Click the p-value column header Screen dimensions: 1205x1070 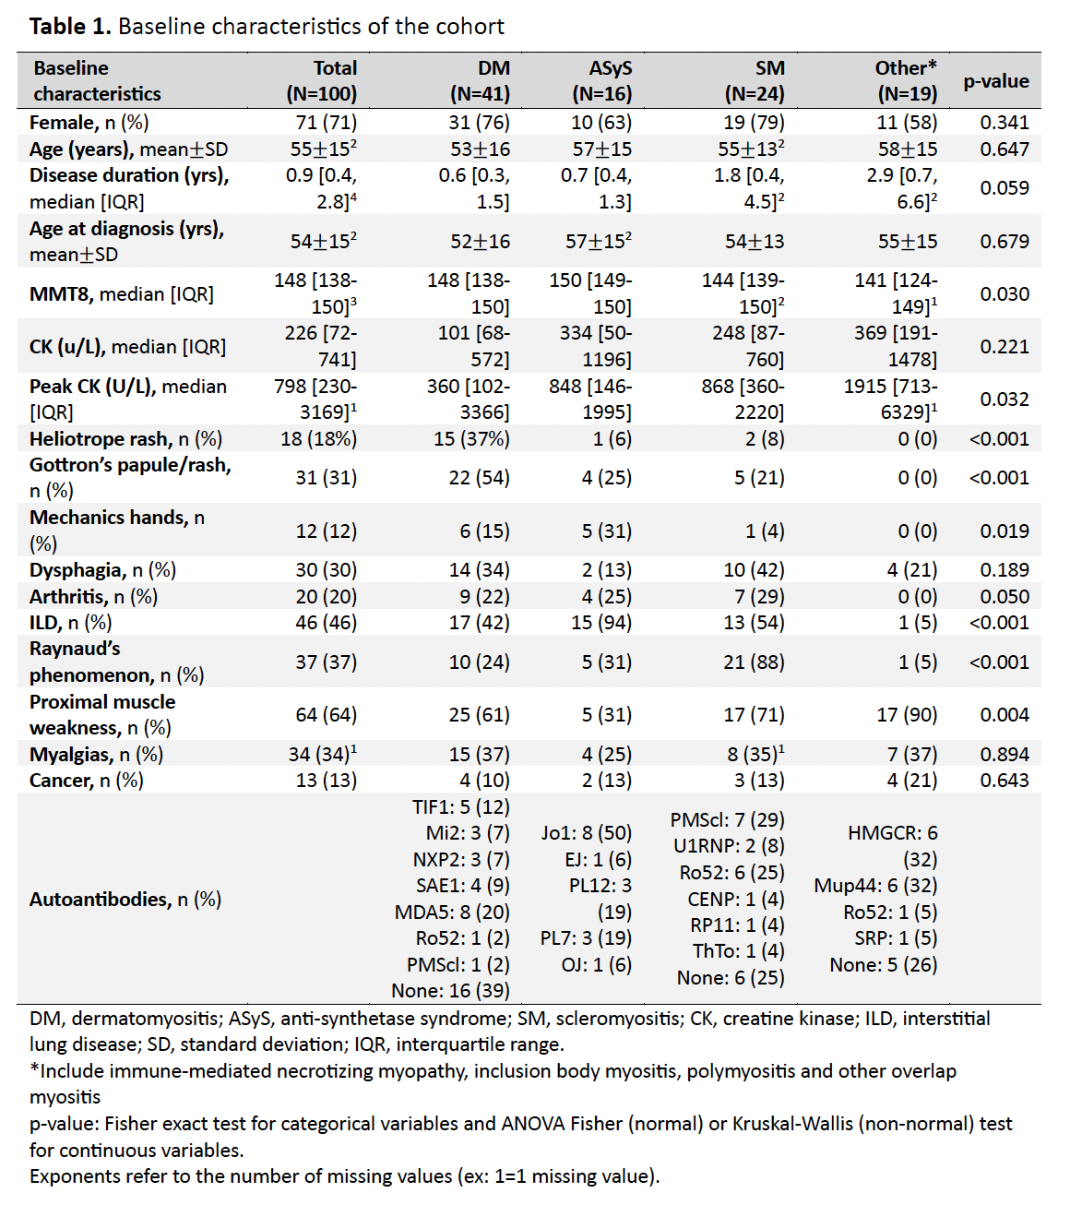click(995, 81)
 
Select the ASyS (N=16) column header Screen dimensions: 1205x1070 click(601, 81)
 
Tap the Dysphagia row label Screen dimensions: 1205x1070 click(102, 570)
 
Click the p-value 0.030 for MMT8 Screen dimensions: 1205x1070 click(1005, 293)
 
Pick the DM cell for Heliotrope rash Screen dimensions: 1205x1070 click(471, 439)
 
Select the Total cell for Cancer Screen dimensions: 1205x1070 click(326, 781)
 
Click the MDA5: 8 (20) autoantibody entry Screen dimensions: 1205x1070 click(452, 913)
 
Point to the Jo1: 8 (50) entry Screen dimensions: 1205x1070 click(587, 833)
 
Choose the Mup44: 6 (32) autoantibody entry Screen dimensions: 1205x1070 click(875, 886)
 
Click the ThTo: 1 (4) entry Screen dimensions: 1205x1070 click(738, 951)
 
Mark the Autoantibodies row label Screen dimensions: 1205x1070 click(125, 900)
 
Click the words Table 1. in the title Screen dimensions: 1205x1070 click(70, 26)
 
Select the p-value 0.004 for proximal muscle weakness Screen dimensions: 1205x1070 click(1005, 715)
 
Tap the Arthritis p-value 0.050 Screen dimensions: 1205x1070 click(1005, 597)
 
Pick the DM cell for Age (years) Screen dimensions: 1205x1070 click(480, 149)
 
